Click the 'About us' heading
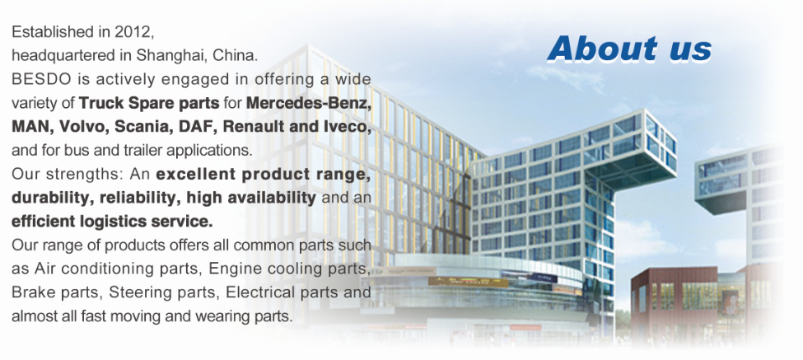629,49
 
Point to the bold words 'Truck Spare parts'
149,104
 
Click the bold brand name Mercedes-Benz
308,103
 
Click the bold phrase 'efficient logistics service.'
112,222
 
